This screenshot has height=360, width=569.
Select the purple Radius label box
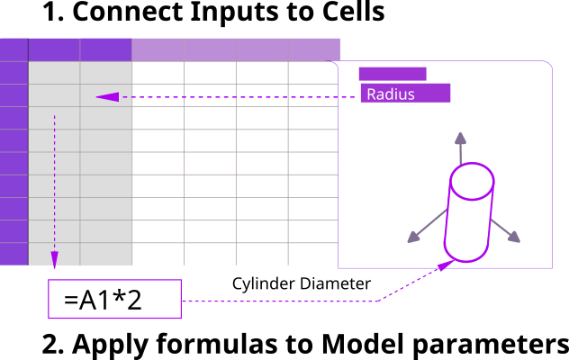tap(404, 93)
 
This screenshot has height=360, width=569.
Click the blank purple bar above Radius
tap(392, 74)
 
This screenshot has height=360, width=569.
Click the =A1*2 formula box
tap(115, 299)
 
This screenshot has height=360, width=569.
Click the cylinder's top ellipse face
tap(472, 184)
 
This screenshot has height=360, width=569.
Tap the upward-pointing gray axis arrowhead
tap(460, 137)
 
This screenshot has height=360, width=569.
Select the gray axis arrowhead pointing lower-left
tap(413, 238)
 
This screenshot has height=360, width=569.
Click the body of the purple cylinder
tap(468, 220)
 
